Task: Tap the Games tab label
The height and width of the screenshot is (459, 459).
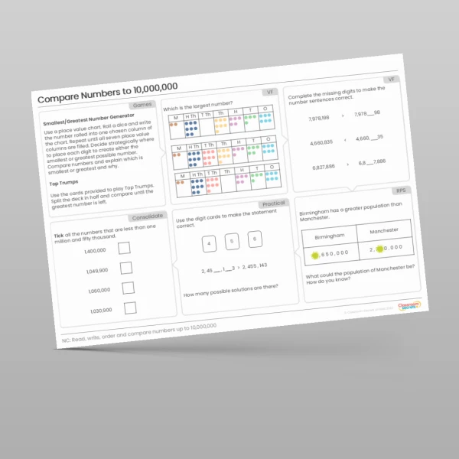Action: pyautogui.click(x=142, y=104)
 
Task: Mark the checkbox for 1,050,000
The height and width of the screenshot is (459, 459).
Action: pyautogui.click(x=128, y=288)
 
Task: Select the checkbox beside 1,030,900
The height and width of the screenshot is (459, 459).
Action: pyautogui.click(x=130, y=308)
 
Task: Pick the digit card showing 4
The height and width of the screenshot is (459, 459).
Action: pyautogui.click(x=209, y=245)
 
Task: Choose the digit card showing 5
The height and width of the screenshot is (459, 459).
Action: pyautogui.click(x=233, y=243)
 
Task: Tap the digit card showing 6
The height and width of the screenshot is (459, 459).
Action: pyautogui.click(x=256, y=239)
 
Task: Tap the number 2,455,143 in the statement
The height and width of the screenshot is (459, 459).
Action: pyautogui.click(x=252, y=265)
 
